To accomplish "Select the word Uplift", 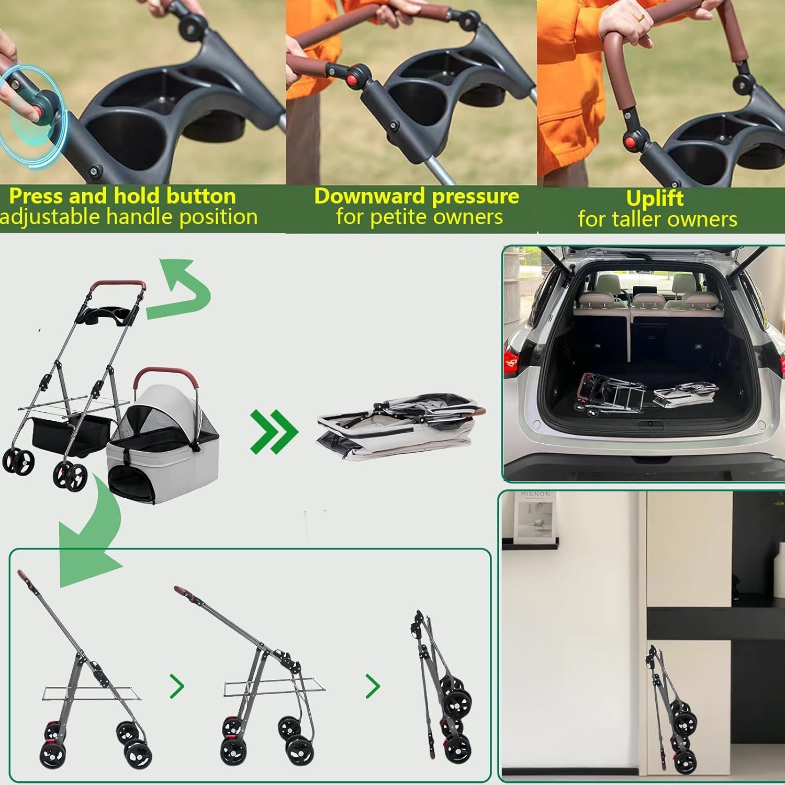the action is click(655, 199).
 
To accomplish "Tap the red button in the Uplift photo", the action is click(632, 141).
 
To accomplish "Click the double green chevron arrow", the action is click(274, 431).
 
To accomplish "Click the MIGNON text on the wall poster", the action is click(535, 494).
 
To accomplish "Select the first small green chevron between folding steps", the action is click(177, 686).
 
